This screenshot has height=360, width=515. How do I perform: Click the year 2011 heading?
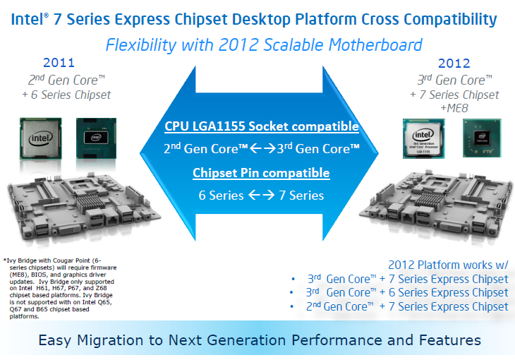coord(59,62)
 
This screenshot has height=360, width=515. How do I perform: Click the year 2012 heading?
coord(454,63)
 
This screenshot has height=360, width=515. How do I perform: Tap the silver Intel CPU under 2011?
coord(41,138)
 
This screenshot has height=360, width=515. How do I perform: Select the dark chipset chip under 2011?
coord(96,138)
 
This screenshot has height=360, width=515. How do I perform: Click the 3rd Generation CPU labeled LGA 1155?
coord(424,138)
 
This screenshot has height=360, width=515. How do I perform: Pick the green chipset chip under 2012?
coord(482,138)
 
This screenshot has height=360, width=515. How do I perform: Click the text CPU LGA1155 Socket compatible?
coord(262,126)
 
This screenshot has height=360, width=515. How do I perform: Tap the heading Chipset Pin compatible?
coord(261,173)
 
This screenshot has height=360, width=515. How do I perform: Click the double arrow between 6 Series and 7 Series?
coord(262,196)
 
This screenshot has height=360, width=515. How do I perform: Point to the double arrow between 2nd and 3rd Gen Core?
coord(262,149)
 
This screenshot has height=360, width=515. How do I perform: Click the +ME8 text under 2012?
coord(454,108)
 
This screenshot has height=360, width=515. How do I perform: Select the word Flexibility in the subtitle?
coord(141,45)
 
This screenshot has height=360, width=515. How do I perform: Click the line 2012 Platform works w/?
coord(448,265)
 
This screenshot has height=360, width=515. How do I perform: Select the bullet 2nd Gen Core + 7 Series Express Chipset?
coord(407,306)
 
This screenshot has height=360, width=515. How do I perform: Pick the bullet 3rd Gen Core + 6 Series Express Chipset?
coord(407,292)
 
